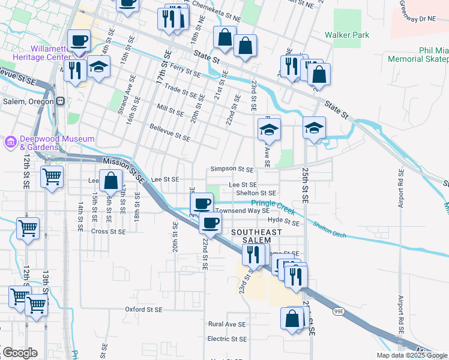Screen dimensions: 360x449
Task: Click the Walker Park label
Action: pyautogui.click(x=347, y=35)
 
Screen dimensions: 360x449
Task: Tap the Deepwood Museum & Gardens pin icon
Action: pyautogui.click(x=10, y=143)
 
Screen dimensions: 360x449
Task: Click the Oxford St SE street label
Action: pyautogui.click(x=143, y=310)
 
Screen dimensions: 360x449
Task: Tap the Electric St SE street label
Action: pyautogui.click(x=227, y=339)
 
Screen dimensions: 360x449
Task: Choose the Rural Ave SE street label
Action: pyautogui.click(x=227, y=324)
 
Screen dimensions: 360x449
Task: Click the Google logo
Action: pyautogui.click(x=19, y=353)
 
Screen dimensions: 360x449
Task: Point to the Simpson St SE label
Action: pyautogui.click(x=232, y=170)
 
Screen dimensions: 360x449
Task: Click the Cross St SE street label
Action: pyautogui.click(x=109, y=231)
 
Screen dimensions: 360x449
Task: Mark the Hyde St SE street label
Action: pyautogui.click(x=283, y=221)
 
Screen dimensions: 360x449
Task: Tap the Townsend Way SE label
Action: pyautogui.click(x=243, y=211)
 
